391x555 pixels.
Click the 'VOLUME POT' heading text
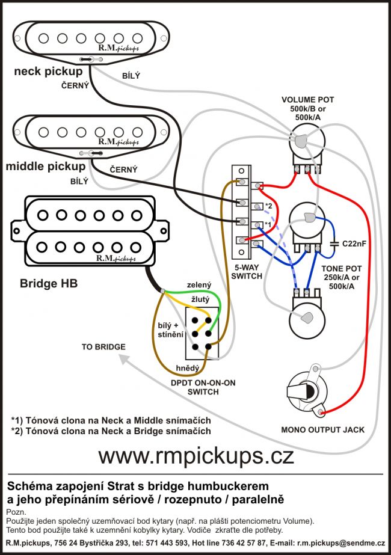pos(307,99)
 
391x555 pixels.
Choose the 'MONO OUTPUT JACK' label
pos(322,429)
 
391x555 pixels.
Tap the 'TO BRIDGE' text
pos(104,347)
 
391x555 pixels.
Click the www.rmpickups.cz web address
pos(196,455)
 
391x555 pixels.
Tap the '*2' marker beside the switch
pos(269,206)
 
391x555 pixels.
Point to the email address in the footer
pos(340,543)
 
